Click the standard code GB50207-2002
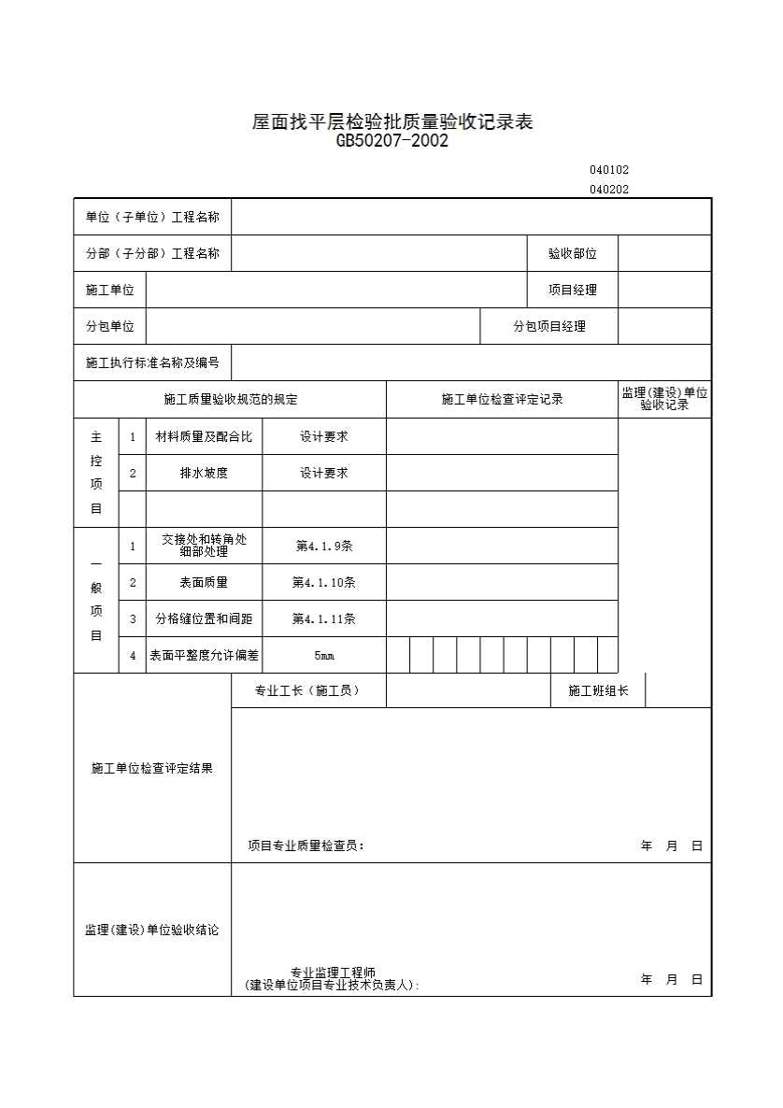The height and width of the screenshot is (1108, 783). [392, 142]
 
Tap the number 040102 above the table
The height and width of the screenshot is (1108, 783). [609, 170]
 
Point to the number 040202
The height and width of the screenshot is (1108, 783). [609, 189]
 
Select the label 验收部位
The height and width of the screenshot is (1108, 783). [572, 253]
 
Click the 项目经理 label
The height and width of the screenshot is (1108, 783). [572, 290]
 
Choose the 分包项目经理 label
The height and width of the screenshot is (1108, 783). [549, 326]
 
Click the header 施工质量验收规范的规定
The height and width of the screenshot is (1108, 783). [230, 400]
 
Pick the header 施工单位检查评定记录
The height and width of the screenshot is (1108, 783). [502, 400]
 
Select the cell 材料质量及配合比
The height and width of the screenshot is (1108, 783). [204, 436]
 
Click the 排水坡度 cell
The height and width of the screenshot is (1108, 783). [204, 473]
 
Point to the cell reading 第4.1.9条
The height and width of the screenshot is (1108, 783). [323, 546]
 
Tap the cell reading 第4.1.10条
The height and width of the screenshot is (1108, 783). [323, 582]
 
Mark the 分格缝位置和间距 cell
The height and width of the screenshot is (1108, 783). [204, 618]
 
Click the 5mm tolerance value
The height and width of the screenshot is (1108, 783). [323, 656]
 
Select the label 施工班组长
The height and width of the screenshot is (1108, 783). [598, 691]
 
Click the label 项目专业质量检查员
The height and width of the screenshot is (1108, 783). [306, 846]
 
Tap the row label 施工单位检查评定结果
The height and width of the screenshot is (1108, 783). [152, 768]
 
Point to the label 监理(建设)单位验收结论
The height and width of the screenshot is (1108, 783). [152, 930]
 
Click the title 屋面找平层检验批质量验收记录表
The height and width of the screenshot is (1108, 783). [392, 122]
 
